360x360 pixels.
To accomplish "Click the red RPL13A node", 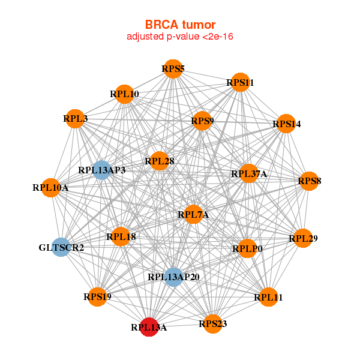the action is tap(149, 327).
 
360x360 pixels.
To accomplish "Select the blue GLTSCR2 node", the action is tap(61, 247).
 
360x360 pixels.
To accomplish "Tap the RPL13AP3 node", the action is tap(101, 170).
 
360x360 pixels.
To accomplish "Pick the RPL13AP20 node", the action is tap(173, 277).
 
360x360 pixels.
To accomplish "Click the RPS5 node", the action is tap(173, 68).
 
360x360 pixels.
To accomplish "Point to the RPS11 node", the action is tap(240, 82).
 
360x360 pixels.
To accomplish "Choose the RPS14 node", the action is tap(286, 124).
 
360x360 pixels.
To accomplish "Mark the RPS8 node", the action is tap(309, 181).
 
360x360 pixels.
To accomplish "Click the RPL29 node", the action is tap(302, 238).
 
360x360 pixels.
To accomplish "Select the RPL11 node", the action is tap(268, 296).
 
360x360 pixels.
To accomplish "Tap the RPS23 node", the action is tap(212, 324).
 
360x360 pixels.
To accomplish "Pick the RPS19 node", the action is tap(97, 296).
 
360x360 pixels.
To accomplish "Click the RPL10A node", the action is tap(51, 188).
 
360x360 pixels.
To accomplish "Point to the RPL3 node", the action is tap(75, 118).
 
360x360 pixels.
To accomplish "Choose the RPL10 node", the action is tap(124, 94).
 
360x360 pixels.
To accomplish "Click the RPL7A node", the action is tap(193, 214).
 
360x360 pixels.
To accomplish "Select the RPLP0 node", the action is tap(247, 248).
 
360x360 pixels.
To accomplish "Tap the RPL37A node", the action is tap(249, 174).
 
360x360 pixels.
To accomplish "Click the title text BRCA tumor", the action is tap(179, 25).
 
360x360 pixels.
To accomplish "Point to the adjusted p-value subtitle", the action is tap(179, 37).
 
